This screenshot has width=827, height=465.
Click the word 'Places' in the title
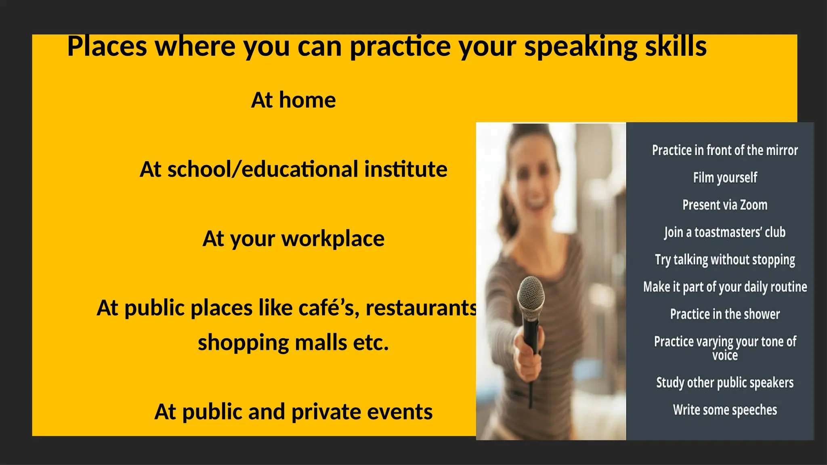[x=107, y=46]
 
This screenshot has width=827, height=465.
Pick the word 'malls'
[x=321, y=343]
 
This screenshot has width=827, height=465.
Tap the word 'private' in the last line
[x=326, y=412]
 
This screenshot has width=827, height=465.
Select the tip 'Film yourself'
[x=725, y=178]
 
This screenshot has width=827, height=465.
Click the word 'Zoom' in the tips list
[x=754, y=205]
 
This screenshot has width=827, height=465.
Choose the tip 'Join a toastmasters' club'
[x=725, y=232]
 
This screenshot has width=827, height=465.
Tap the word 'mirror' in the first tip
[x=782, y=150]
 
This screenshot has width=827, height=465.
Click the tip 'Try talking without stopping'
[x=725, y=260]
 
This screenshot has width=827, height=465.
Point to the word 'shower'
[x=762, y=314]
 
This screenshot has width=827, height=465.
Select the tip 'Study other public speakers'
[x=725, y=383]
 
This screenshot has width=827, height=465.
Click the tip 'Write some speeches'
[x=725, y=410]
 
